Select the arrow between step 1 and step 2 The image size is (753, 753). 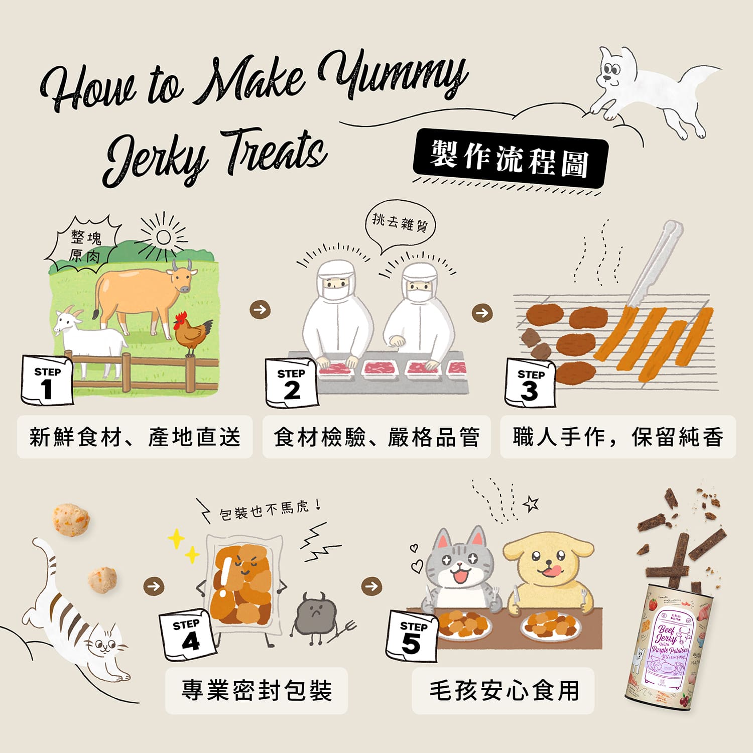pyautogui.click(x=260, y=309)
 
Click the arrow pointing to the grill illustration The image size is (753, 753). pyautogui.click(x=482, y=313)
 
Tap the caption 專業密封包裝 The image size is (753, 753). pyautogui.click(x=257, y=690)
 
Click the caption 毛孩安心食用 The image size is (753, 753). pyautogui.click(x=504, y=690)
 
